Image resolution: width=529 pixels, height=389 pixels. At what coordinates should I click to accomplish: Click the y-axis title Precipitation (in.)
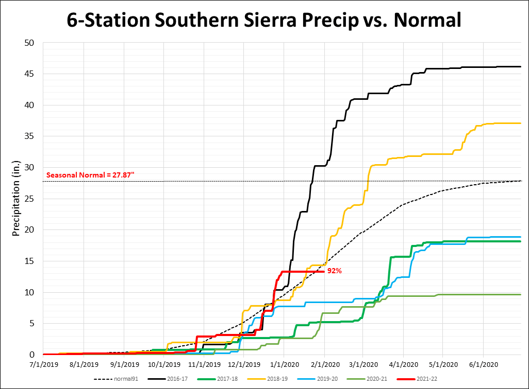15,199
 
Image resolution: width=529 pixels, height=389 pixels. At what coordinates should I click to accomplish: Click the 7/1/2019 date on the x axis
44,364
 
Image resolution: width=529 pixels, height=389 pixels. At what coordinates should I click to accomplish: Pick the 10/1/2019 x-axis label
164,364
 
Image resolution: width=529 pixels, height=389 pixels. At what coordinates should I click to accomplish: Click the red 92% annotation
334,271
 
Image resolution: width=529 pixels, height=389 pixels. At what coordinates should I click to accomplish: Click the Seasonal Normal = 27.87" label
90,175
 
